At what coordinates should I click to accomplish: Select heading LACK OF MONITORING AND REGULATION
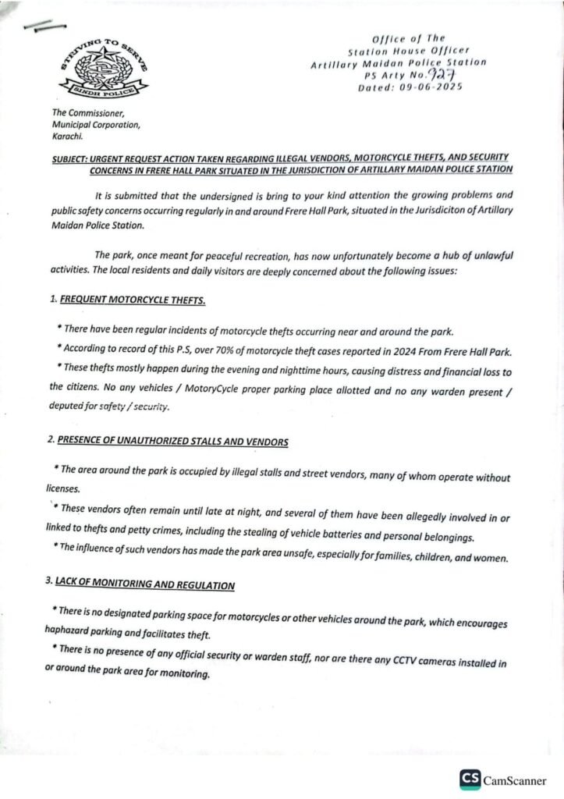(145, 584)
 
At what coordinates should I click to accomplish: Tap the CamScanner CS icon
(470, 779)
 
